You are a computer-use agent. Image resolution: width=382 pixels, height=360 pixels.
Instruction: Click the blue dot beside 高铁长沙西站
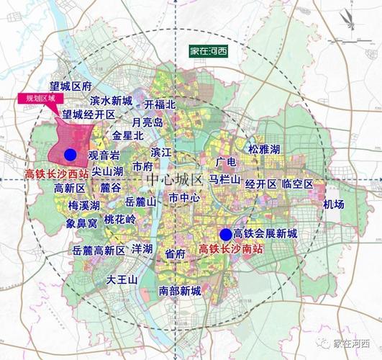(x=70, y=155)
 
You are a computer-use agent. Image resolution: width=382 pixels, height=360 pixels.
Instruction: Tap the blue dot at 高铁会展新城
(x=226, y=234)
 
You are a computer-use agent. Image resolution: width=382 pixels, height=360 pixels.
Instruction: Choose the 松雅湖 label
(x=264, y=149)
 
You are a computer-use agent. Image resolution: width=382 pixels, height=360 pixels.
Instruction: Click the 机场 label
(x=334, y=204)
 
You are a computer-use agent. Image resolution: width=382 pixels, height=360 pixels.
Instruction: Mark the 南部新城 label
(x=179, y=291)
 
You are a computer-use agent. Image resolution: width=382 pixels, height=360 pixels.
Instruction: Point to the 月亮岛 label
(x=147, y=122)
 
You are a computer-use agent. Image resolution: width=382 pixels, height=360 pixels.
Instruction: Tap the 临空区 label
(x=298, y=185)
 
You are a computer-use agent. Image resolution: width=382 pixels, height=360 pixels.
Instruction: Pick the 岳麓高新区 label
(x=99, y=251)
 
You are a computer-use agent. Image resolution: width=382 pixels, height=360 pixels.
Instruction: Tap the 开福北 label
(x=160, y=104)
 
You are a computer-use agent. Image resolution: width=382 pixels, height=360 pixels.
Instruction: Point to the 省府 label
(x=175, y=253)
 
